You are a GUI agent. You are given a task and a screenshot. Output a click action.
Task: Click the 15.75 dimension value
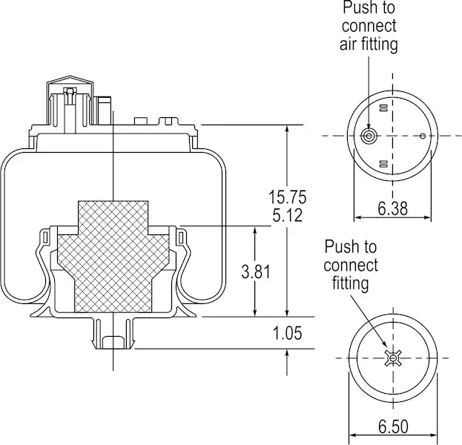(x=287, y=197)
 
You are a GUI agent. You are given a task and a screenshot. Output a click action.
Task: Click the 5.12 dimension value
(x=287, y=217)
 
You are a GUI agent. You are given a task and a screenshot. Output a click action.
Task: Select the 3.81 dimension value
(x=256, y=271)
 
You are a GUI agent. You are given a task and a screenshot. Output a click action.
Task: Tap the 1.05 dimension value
(x=288, y=333)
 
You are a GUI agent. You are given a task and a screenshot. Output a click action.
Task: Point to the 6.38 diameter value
(x=392, y=208)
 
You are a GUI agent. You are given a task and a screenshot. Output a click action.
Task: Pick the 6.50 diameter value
(x=392, y=428)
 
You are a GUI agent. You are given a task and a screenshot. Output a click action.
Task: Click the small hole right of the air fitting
(x=423, y=136)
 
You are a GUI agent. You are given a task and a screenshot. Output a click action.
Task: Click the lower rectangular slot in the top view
(x=383, y=162)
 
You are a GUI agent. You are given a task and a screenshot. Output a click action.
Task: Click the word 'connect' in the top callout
(x=369, y=26)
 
